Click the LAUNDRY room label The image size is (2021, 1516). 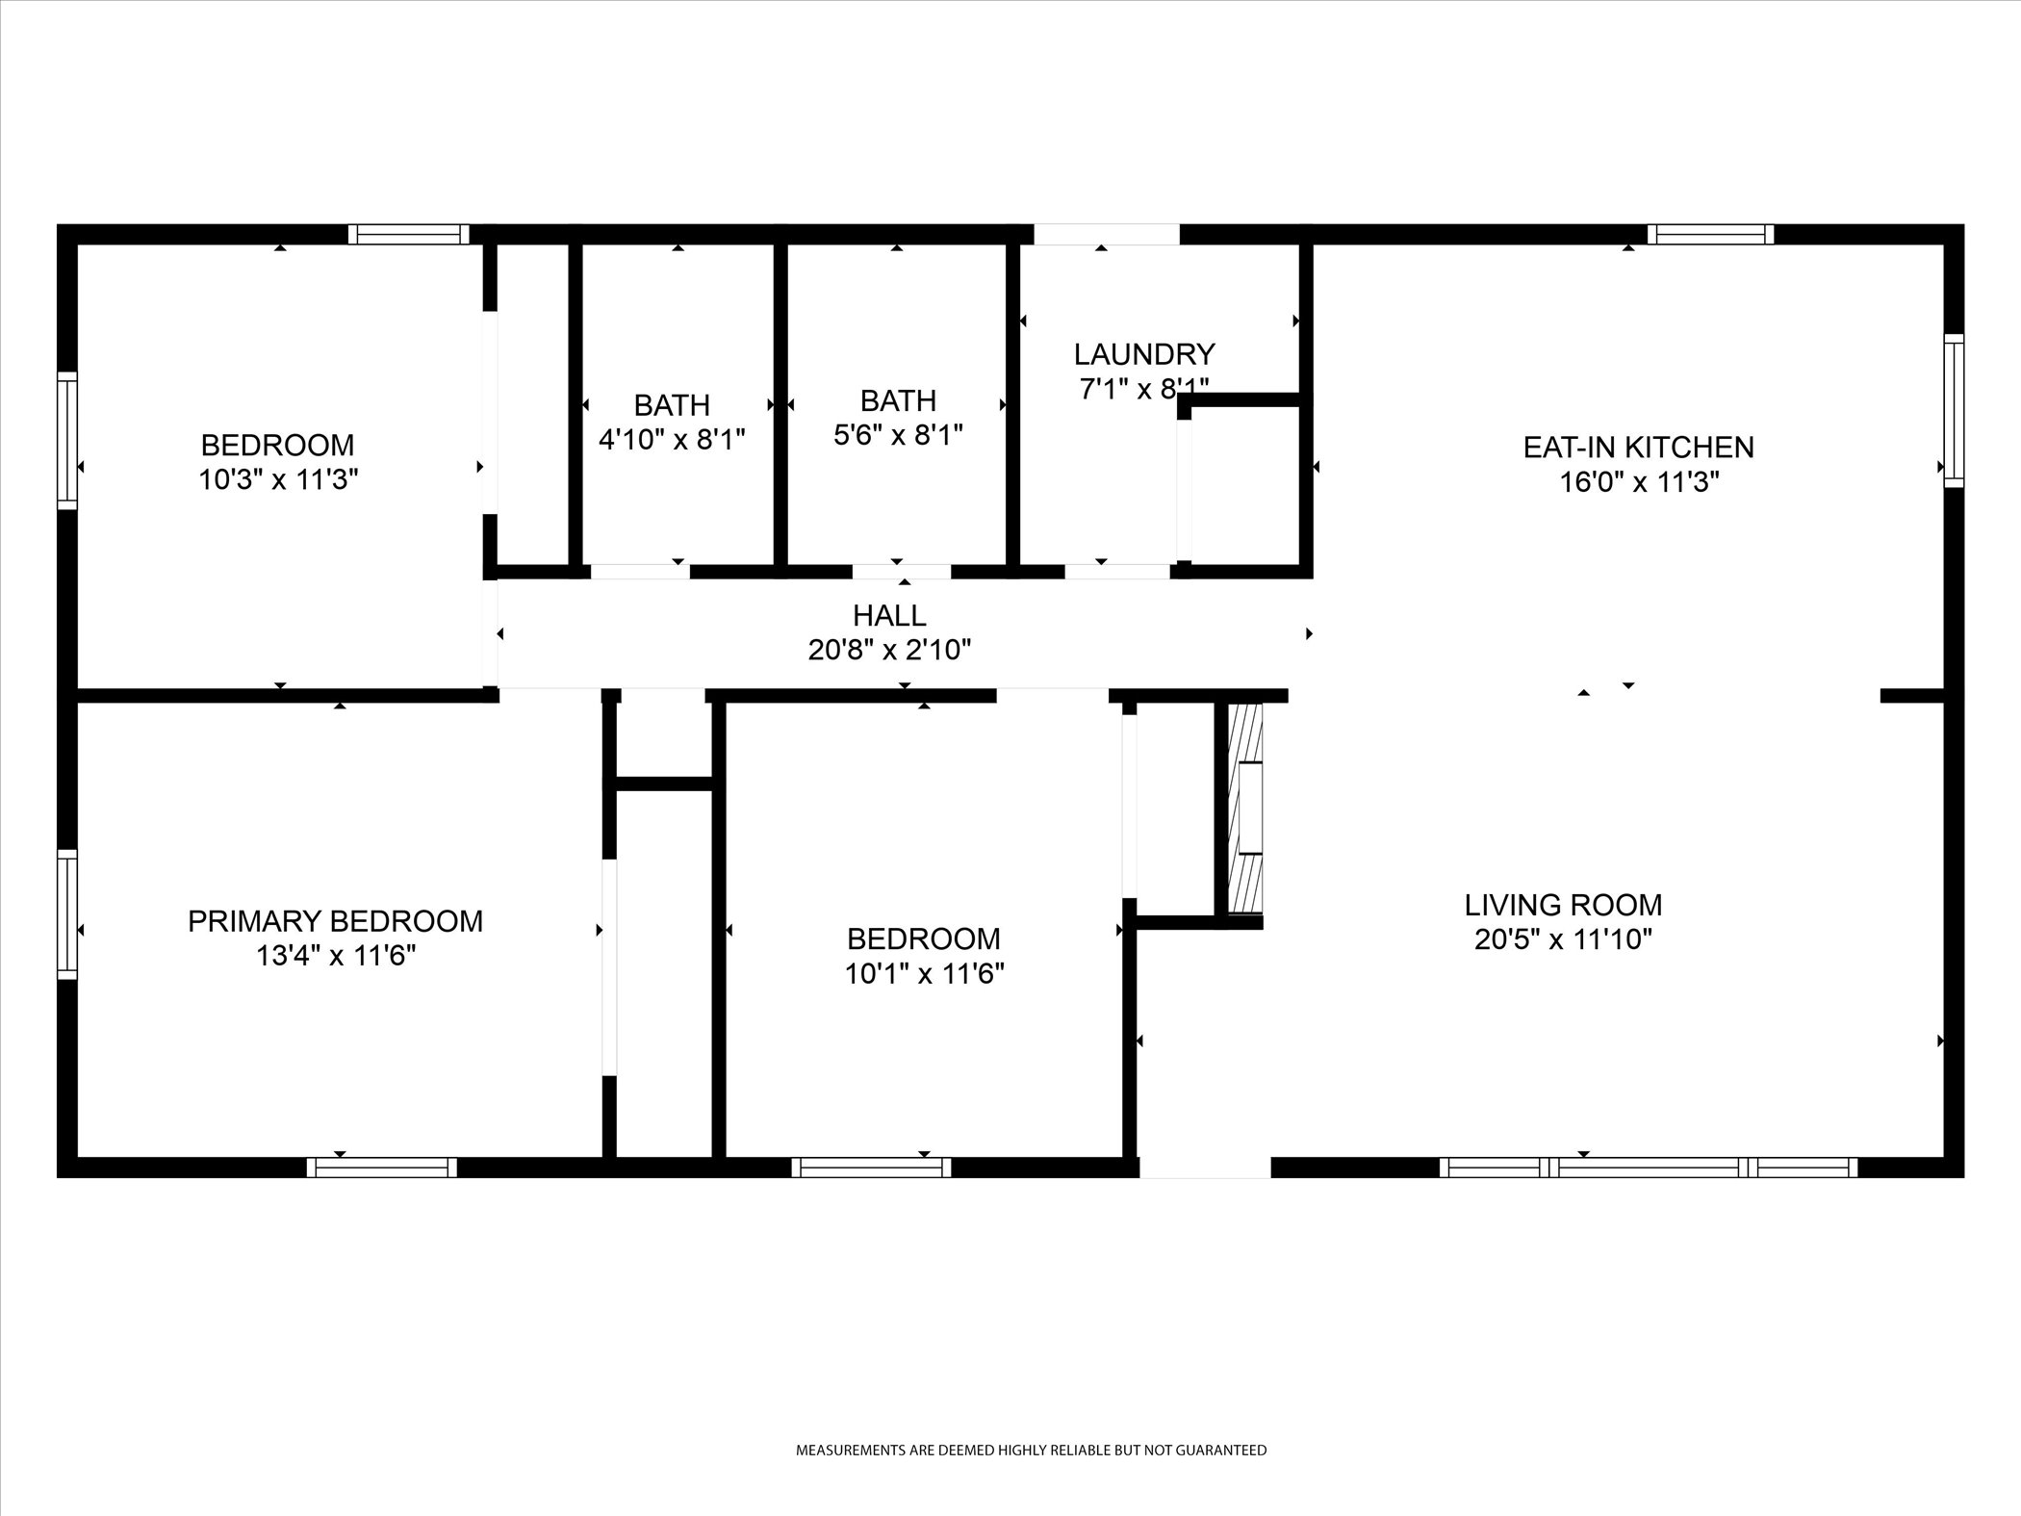(x=1144, y=354)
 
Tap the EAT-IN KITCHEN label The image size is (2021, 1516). (x=1638, y=447)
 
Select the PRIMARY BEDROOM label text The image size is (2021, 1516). (x=335, y=921)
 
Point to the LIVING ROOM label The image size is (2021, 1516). (x=1563, y=905)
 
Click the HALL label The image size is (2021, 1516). (x=889, y=615)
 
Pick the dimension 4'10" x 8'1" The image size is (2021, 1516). (x=672, y=440)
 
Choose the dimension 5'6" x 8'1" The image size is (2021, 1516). (x=898, y=435)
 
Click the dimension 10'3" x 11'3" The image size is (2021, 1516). (x=278, y=479)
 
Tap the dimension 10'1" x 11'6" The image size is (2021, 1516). (x=924, y=974)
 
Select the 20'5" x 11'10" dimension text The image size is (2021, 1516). (x=1563, y=939)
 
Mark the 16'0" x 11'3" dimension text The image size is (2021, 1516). (x=1639, y=481)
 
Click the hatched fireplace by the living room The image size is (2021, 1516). (x=1244, y=809)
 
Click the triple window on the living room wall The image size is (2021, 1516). (x=1649, y=1168)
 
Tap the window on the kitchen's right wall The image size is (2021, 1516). (x=1954, y=410)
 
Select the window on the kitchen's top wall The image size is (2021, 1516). (x=1710, y=234)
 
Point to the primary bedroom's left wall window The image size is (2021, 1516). (x=66, y=913)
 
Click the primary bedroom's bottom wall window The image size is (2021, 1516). (x=382, y=1168)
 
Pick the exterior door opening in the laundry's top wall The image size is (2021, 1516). (x=1107, y=234)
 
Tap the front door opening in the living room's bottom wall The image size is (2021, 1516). (x=1205, y=1168)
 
